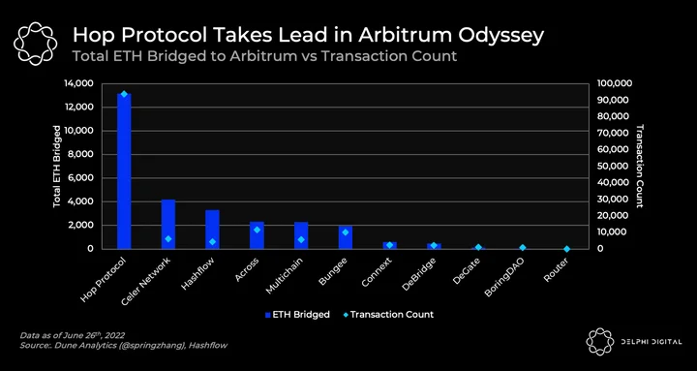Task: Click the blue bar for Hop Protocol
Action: click(124, 171)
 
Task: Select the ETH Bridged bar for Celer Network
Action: click(168, 224)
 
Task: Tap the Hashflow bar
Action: click(212, 230)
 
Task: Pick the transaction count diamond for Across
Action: click(257, 230)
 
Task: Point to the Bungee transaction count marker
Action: click(346, 232)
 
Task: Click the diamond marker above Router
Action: click(566, 249)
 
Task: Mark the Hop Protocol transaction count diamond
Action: click(124, 94)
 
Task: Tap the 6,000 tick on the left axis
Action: click(82, 178)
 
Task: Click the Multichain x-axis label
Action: click(286, 275)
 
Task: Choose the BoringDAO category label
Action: click(505, 277)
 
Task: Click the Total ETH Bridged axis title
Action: click(57, 167)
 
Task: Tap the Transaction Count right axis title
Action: click(640, 167)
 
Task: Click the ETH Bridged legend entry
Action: click(297, 315)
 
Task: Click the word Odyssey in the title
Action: click(501, 36)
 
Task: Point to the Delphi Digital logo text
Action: click(652, 342)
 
